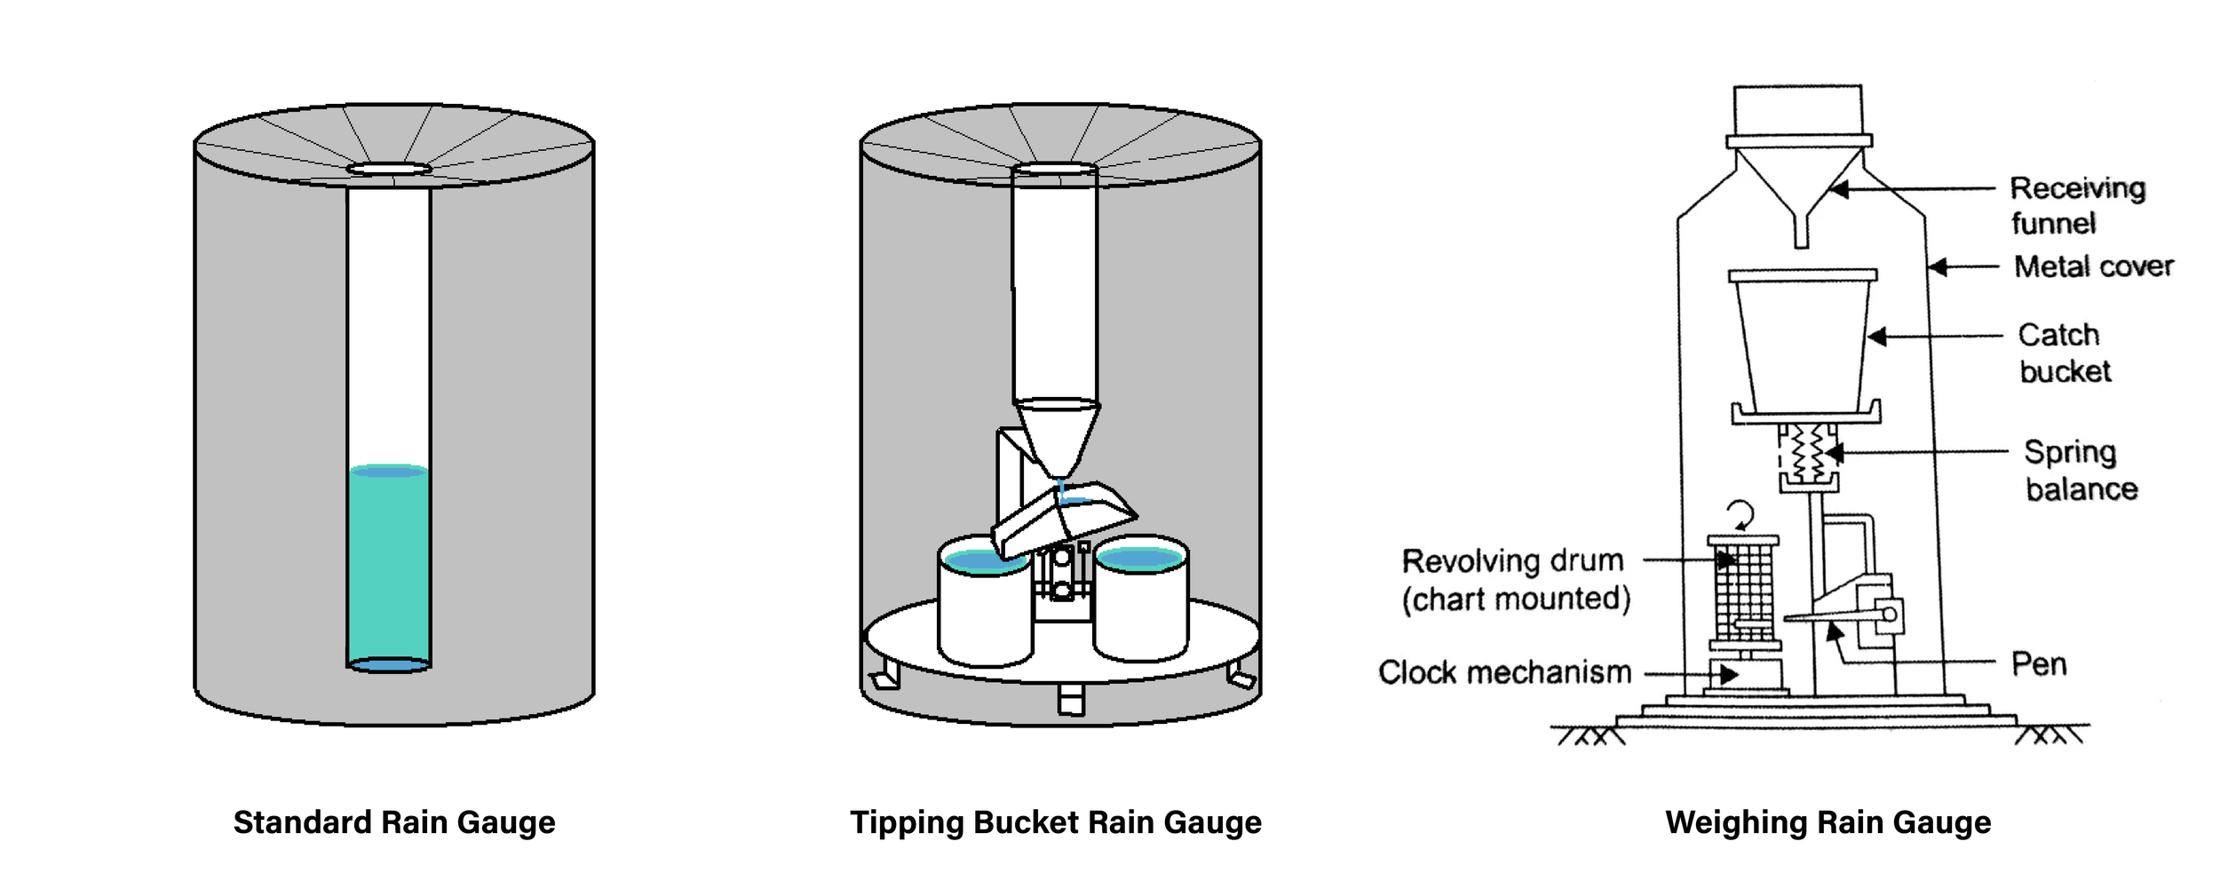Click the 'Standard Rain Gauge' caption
click(394, 822)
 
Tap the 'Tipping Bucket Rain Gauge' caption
click(1056, 822)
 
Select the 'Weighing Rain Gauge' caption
click(1828, 822)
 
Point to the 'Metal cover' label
click(2093, 266)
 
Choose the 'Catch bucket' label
click(2063, 353)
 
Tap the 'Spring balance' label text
click(2080, 471)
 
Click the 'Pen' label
click(2038, 664)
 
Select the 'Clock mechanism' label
click(1504, 672)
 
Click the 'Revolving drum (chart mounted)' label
click(1514, 580)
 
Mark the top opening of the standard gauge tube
click(389, 169)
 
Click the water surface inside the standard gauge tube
click(389, 471)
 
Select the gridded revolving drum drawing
click(1743, 591)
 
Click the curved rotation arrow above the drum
click(1741, 514)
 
